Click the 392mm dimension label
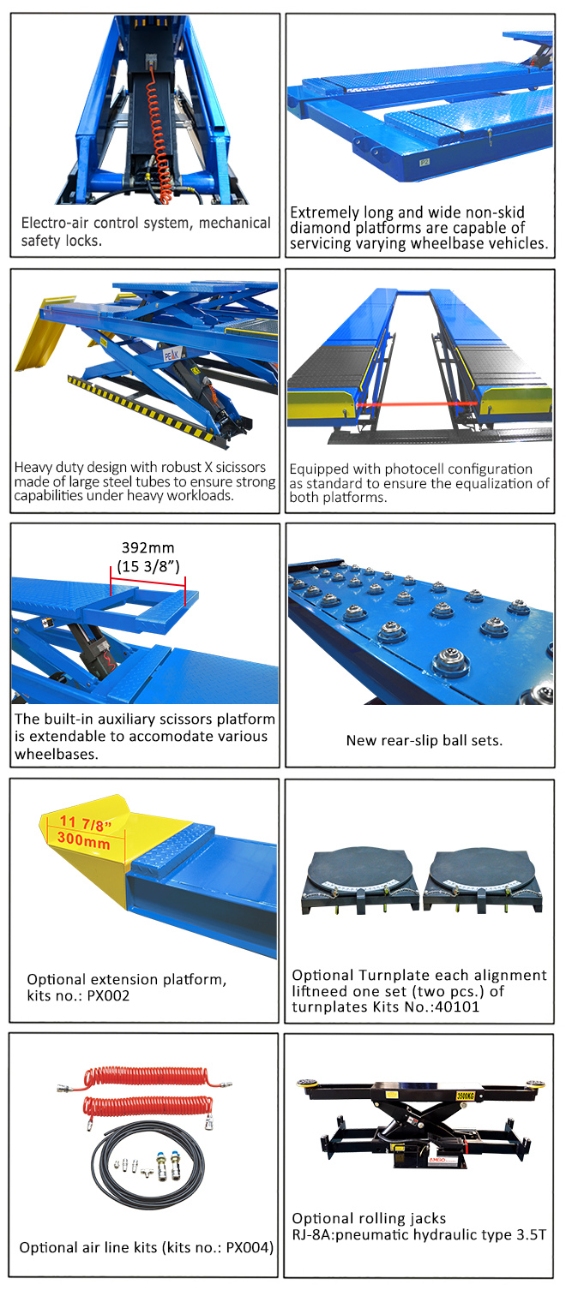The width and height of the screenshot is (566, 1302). click(x=148, y=547)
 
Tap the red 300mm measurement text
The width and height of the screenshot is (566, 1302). click(x=84, y=840)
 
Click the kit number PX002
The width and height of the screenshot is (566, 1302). click(x=108, y=995)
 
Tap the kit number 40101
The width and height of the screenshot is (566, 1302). click(x=457, y=1007)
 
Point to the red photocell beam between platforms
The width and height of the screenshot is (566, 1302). click(x=418, y=404)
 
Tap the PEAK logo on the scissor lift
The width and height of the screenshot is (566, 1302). click(x=172, y=354)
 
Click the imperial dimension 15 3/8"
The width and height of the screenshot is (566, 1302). click(x=148, y=566)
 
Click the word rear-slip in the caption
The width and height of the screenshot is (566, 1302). click(x=411, y=740)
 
